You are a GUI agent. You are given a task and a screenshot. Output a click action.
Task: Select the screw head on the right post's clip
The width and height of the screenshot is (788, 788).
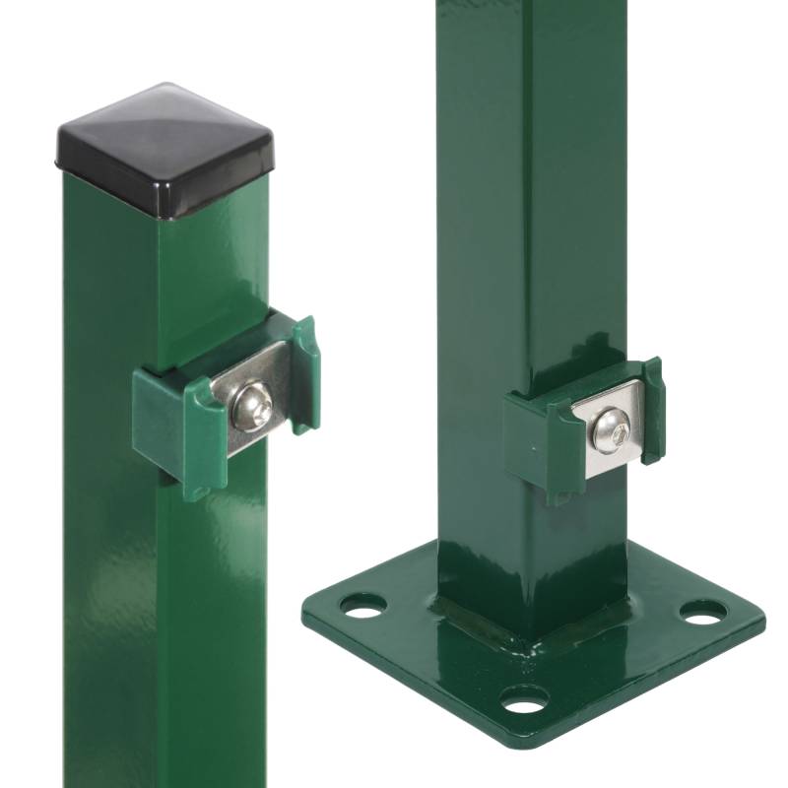(x=608, y=429)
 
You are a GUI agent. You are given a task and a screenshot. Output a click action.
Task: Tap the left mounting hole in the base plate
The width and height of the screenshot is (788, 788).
(x=363, y=610)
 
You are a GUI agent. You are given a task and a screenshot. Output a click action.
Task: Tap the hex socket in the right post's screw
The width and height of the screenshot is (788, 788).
(x=609, y=430)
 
